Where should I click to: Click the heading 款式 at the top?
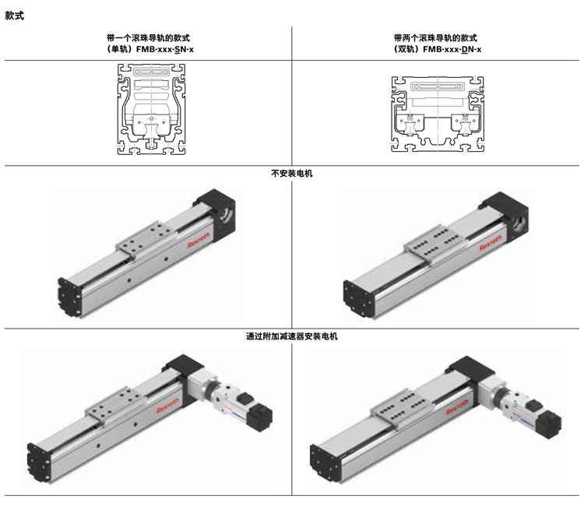tap(15, 16)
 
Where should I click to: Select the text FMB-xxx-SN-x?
tap(165, 49)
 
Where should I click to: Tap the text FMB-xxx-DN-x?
tap(452, 49)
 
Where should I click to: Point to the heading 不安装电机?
tap(292, 174)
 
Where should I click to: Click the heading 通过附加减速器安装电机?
tap(292, 336)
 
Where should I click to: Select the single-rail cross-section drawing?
tap(151, 109)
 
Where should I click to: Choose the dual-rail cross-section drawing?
tap(438, 114)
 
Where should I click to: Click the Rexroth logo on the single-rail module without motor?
tap(199, 240)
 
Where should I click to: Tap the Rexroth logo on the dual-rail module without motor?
tap(491, 242)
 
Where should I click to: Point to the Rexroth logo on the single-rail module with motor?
tap(168, 405)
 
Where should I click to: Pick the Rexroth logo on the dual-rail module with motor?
tap(457, 407)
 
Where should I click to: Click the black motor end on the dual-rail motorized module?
tap(549, 424)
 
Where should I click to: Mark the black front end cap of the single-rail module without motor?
tap(69, 297)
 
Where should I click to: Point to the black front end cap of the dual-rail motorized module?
tap(325, 464)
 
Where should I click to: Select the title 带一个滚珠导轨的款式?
tap(148, 38)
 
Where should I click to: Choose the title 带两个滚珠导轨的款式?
tap(435, 38)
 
